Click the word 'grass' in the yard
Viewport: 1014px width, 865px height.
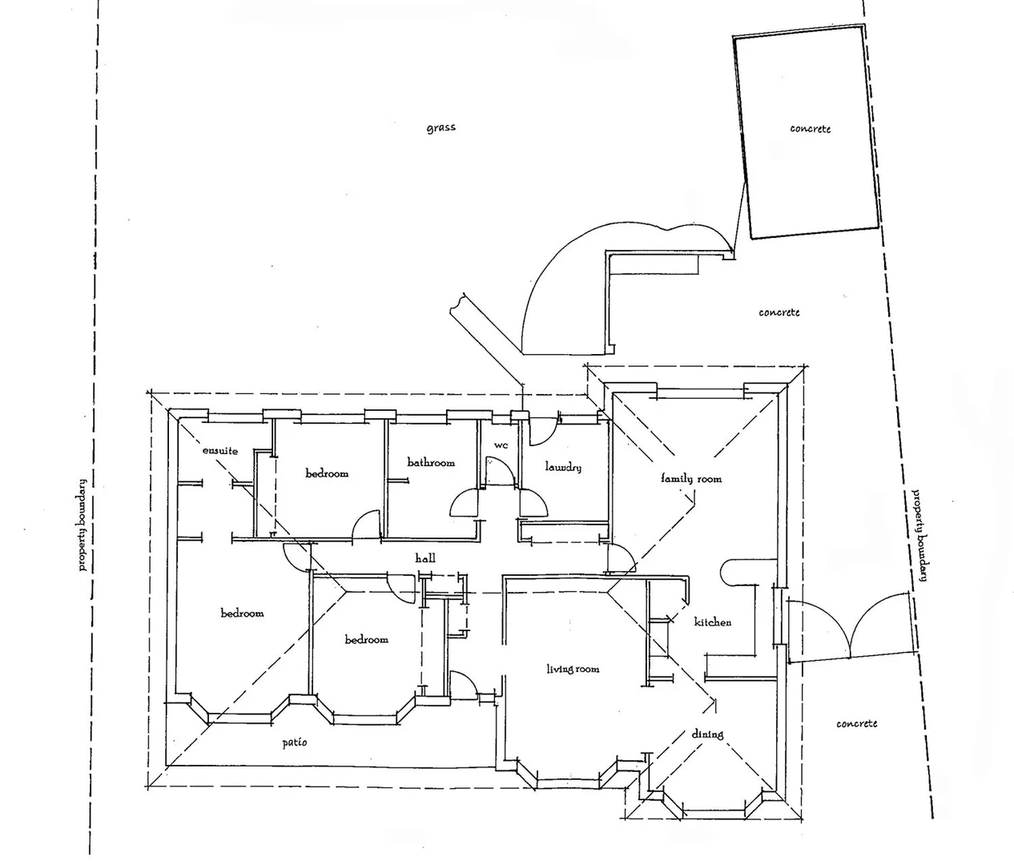coord(441,127)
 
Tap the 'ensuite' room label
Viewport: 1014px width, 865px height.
coord(219,451)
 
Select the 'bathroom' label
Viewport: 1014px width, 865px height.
coord(431,462)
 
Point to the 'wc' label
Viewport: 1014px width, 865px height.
coord(501,445)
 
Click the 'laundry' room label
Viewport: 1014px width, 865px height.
coord(562,467)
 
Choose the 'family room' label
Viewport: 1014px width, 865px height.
coord(690,478)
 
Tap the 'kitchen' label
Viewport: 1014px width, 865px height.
coord(712,622)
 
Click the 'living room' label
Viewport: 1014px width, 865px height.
coord(572,669)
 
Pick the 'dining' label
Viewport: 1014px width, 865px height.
coord(707,734)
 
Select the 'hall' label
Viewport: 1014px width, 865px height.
coord(425,557)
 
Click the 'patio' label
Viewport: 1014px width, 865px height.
coord(294,742)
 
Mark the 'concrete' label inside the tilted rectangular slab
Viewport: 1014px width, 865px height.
coord(810,128)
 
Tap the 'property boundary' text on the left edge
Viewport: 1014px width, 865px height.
coord(82,524)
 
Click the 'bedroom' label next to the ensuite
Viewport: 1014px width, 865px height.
coord(327,473)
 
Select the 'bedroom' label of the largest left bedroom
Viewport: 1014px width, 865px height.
coord(242,614)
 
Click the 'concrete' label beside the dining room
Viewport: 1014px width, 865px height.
coord(856,723)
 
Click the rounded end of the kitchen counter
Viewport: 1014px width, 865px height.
coord(728,572)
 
